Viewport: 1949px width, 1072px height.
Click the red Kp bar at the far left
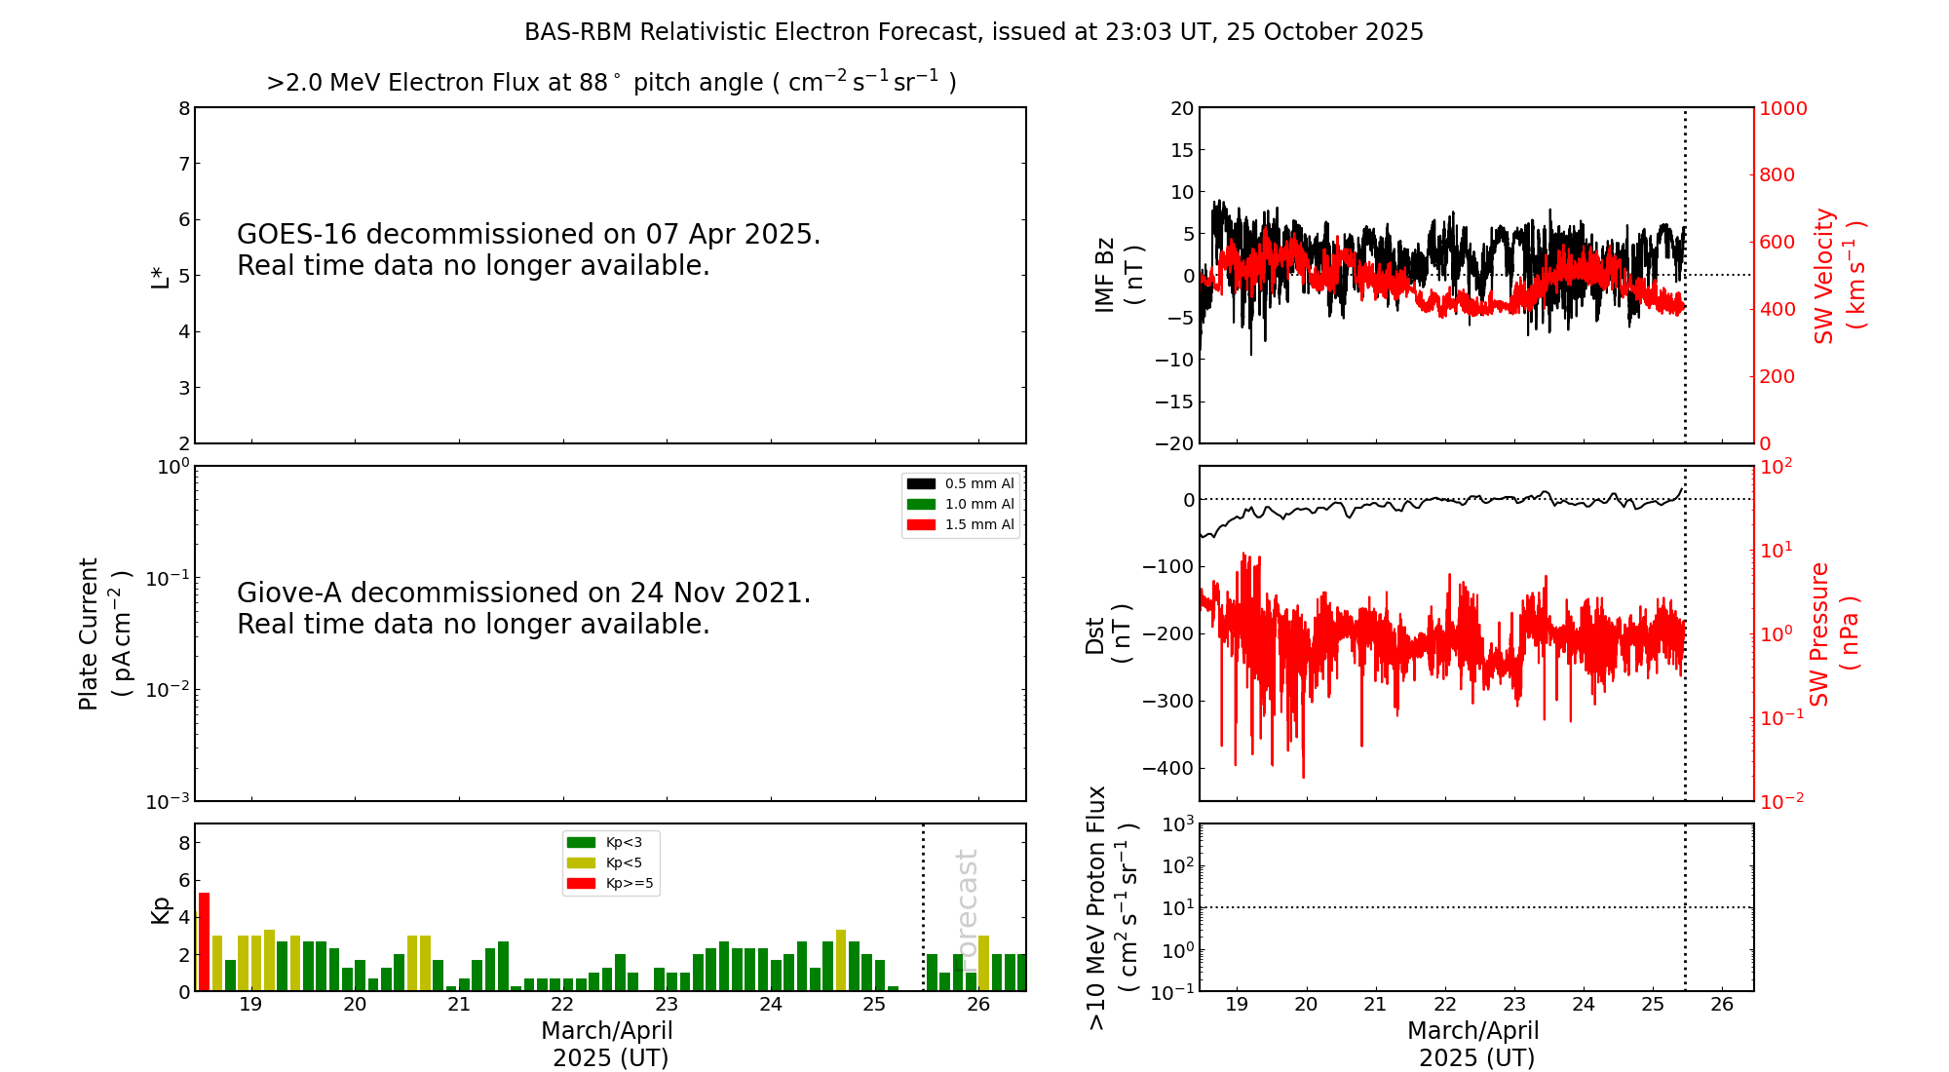(205, 941)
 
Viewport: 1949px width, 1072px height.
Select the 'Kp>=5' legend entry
(629, 884)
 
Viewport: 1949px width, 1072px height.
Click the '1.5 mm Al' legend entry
(978, 524)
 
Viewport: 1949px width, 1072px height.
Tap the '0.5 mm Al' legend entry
(978, 483)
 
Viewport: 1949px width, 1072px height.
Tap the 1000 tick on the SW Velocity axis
(1782, 108)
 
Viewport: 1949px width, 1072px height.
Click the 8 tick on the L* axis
(184, 108)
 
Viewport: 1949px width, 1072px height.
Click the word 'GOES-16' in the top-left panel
(297, 235)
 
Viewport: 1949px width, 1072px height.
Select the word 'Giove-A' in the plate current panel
(290, 593)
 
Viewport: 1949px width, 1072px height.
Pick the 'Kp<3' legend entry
(624, 842)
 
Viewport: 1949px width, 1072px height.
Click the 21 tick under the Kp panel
(459, 1005)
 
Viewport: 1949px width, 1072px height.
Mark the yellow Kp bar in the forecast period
(984, 963)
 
